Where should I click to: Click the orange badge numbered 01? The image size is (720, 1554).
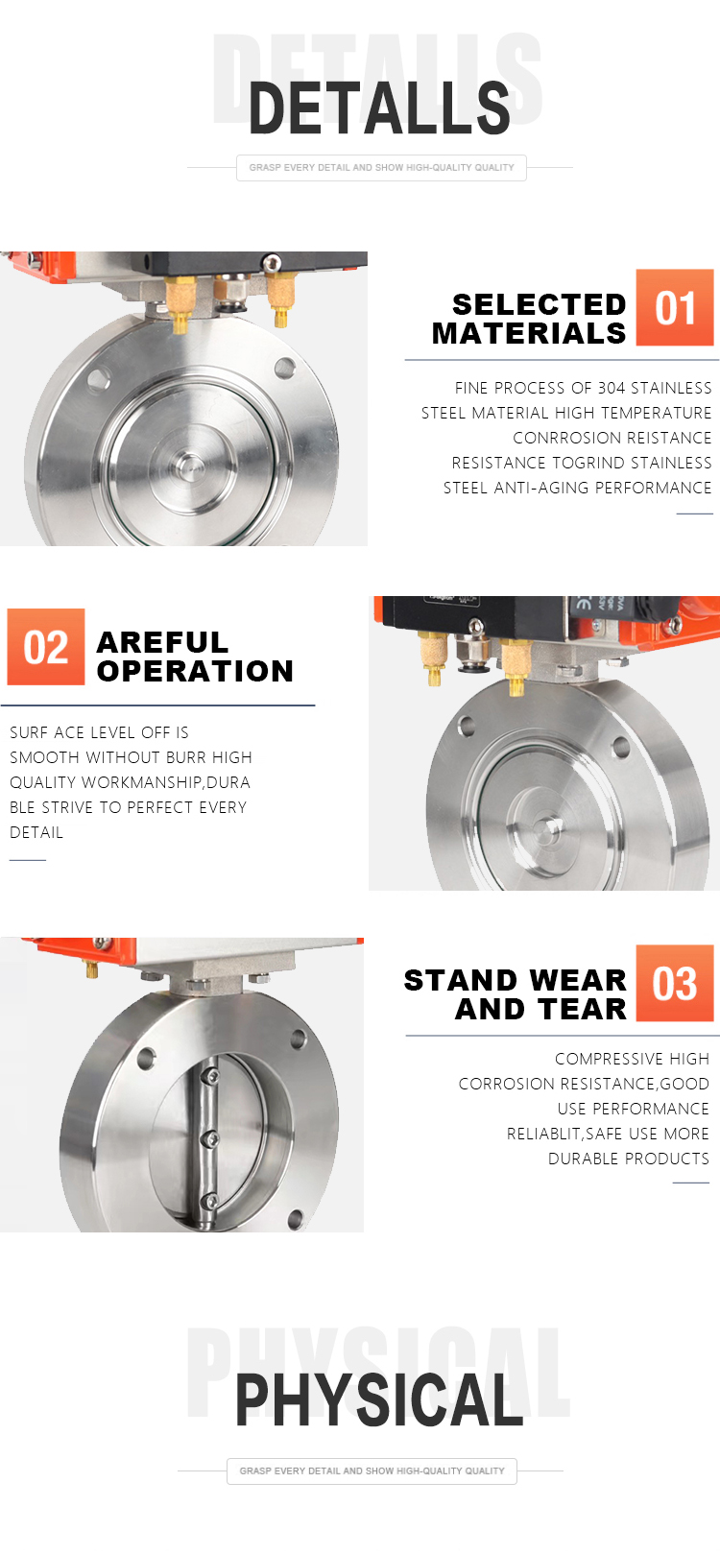(x=674, y=307)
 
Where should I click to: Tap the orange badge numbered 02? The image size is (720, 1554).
(x=46, y=647)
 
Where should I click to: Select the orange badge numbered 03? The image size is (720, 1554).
(x=674, y=983)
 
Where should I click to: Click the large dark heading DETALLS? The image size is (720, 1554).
(x=379, y=108)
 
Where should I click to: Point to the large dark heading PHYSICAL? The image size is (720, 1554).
(x=379, y=1400)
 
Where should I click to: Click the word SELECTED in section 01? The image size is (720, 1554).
(x=539, y=304)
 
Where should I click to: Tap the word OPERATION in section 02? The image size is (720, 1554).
(x=195, y=671)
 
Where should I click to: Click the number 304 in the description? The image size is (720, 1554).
(x=612, y=388)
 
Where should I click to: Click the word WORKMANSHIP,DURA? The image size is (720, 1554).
(x=166, y=782)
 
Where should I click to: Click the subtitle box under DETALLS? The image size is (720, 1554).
(x=381, y=168)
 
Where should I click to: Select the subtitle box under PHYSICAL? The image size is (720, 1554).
(x=372, y=1470)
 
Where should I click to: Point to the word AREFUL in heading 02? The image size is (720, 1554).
(x=162, y=642)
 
